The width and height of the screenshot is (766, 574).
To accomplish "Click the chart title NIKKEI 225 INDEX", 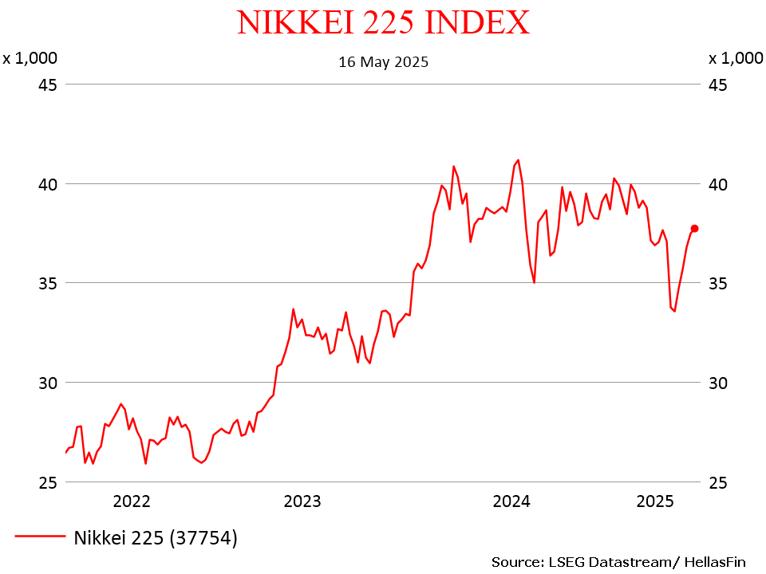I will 383,22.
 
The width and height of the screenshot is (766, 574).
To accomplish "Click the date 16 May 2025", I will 383,62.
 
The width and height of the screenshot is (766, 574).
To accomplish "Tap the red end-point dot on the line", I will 694,229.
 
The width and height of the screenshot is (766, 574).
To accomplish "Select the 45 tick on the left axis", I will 46,85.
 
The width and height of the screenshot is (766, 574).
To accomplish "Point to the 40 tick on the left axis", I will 46,184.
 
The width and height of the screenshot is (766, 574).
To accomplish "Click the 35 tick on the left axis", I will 46,283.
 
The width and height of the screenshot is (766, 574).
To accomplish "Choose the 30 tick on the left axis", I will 46,383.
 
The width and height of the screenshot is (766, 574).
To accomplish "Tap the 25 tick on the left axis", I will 46,482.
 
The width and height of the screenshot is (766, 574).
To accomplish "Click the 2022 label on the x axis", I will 132,501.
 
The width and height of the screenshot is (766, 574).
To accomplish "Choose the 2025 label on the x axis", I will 655,501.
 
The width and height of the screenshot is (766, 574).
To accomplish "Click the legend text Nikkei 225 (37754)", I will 156,538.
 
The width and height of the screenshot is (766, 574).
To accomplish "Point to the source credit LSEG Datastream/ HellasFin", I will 618,562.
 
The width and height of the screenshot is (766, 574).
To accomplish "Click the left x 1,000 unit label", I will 30,58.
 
